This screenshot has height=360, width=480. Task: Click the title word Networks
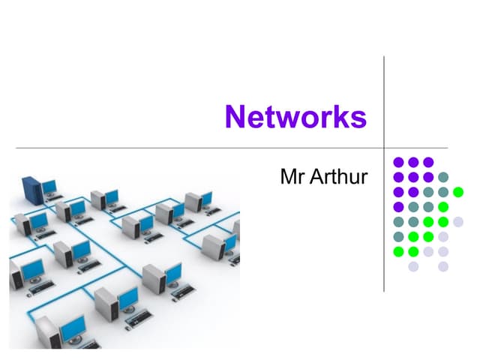(x=295, y=118)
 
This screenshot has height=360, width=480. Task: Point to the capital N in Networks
(x=235, y=118)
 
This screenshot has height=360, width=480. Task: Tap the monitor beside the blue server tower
(x=49, y=187)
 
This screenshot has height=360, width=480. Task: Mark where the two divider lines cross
(x=384, y=148)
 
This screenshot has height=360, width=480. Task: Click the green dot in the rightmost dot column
(x=458, y=191)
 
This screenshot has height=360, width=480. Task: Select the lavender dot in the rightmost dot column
(x=458, y=221)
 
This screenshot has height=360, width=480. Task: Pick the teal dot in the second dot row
(x=443, y=177)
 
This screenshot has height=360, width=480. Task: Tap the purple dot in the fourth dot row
(x=398, y=206)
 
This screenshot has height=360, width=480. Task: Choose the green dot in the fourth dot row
(x=443, y=206)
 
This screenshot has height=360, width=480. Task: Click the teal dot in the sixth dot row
(x=398, y=236)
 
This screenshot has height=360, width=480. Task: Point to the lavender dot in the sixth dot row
(x=443, y=236)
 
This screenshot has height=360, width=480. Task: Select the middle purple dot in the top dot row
(x=413, y=162)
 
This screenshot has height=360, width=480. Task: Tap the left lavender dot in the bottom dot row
(x=413, y=266)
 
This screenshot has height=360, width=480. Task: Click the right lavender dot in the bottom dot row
(x=443, y=266)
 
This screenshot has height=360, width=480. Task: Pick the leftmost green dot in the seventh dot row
(x=398, y=251)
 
